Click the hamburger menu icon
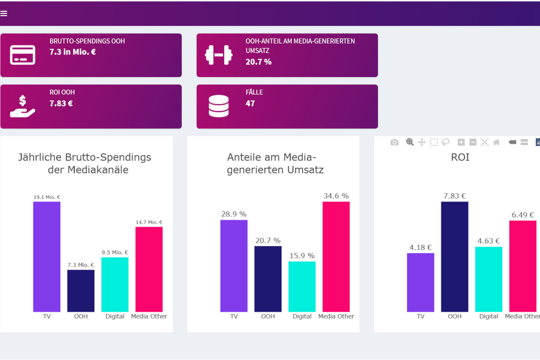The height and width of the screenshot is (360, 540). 4,13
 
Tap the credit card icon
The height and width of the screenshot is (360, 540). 22,55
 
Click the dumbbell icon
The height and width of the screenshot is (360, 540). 218,55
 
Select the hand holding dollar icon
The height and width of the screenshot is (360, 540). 22,107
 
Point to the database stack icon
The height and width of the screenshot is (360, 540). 219,107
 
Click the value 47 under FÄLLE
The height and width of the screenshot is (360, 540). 250,103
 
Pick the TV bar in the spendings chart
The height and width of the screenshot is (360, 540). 47,256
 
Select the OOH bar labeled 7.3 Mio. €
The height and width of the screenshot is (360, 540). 81,291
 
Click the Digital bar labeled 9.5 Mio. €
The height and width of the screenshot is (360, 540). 115,284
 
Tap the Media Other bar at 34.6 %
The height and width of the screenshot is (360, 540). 336,256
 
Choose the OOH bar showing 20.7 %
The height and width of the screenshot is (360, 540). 268,279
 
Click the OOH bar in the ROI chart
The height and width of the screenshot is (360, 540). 454,256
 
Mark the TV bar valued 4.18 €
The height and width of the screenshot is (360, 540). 420,283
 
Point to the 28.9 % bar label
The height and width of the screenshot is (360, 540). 234,214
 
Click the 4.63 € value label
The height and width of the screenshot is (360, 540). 489,241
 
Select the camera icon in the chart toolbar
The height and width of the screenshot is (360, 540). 395,142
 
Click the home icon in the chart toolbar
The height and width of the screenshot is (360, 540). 496,142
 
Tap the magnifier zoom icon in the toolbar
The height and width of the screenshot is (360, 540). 410,142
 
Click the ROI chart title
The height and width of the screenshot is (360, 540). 460,157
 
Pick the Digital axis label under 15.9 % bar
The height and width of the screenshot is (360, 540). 302,316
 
